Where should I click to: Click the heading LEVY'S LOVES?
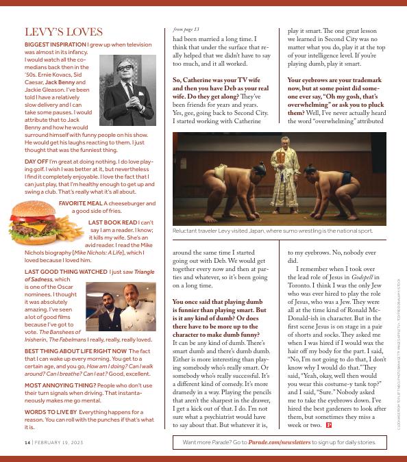coord(64,32)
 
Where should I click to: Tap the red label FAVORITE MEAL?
coord(82,203)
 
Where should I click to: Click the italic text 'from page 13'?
coord(186,29)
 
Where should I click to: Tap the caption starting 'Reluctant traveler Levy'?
coord(273,232)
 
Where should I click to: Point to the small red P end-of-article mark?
coord(330,425)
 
